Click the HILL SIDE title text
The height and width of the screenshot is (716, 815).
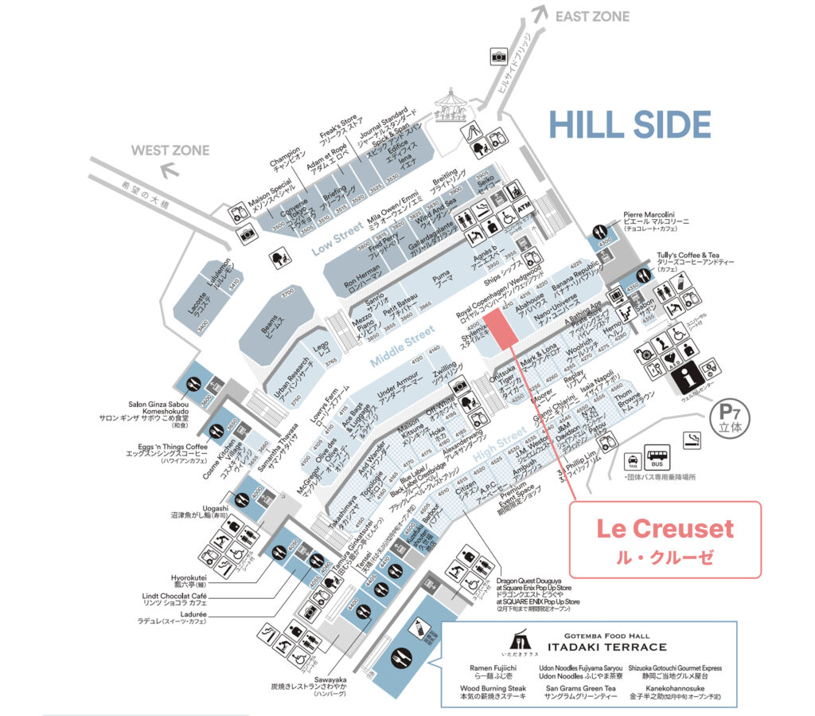(629, 125)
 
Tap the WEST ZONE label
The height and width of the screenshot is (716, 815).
(170, 150)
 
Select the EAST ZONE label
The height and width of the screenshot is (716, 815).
(592, 16)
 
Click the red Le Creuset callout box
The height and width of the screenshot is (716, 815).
(665, 539)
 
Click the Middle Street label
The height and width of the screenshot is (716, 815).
(402, 347)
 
